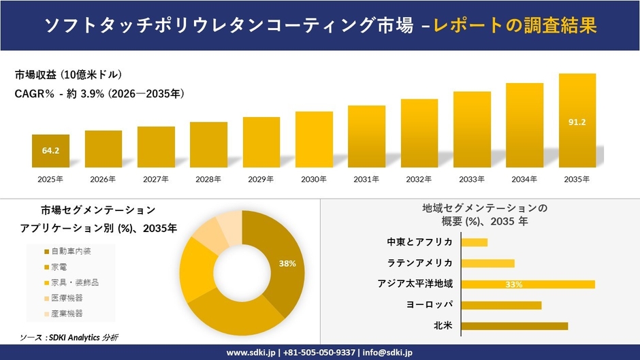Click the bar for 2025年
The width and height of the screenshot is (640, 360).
click(50, 151)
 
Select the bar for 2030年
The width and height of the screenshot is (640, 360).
click(314, 140)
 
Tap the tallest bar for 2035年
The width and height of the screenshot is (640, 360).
click(577, 120)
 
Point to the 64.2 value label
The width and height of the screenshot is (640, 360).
click(50, 150)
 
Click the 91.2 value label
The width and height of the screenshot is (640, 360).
click(577, 122)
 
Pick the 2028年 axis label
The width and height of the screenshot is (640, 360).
click(208, 179)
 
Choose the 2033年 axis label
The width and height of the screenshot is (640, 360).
click(472, 179)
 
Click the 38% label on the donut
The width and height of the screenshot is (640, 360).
click(287, 263)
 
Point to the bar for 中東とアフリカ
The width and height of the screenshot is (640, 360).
click(475, 242)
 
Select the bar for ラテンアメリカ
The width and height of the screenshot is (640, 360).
click(487, 263)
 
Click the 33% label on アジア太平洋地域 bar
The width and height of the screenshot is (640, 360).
click(514, 284)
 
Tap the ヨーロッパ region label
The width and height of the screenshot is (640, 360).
click(430, 305)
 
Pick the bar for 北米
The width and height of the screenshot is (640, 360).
click(514, 326)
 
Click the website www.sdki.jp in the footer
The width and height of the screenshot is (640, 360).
click(250, 353)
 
